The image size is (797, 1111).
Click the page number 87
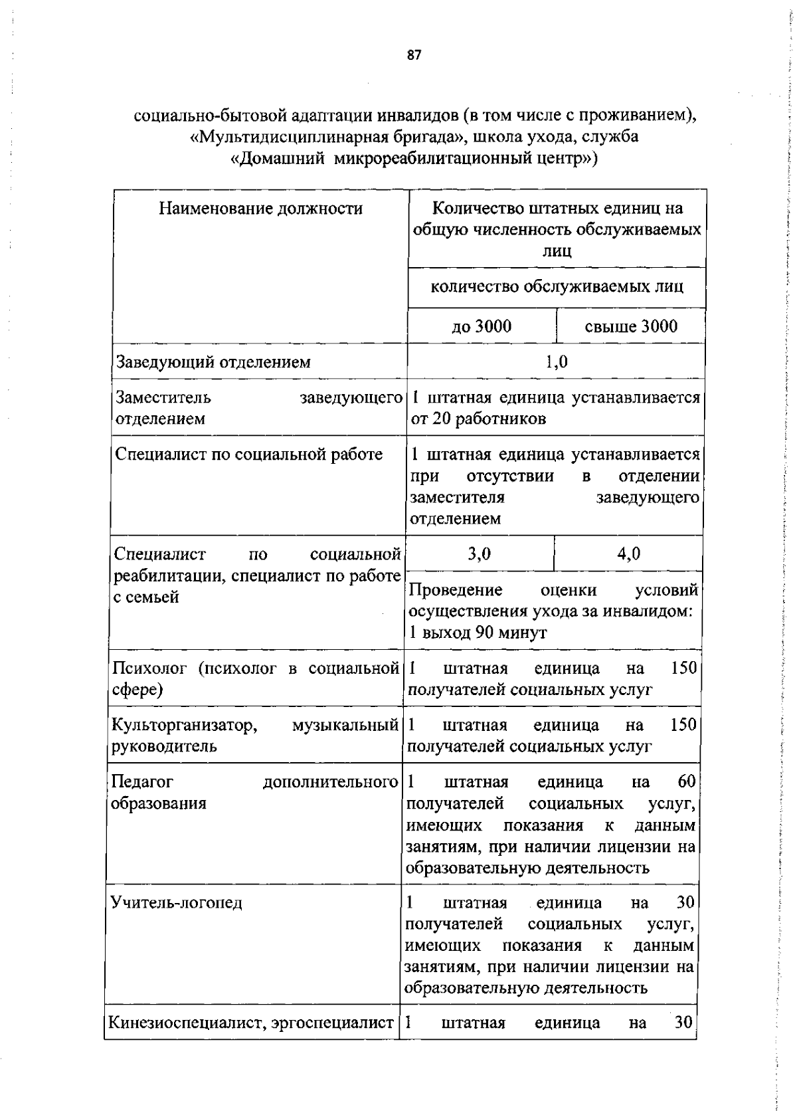(414, 56)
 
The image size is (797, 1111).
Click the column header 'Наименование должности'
(260, 209)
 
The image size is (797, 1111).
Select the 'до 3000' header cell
(482, 326)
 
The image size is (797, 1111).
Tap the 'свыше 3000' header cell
(631, 326)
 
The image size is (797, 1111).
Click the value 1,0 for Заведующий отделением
(556, 362)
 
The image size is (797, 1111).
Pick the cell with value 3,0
(479, 554)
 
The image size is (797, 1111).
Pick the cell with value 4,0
(628, 554)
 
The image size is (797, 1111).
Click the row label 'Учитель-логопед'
(177, 902)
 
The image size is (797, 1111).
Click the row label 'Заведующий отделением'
(213, 362)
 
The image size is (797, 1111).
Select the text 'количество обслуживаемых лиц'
(557, 287)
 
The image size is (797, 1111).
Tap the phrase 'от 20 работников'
(478, 419)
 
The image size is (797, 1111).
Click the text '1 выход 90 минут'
(478, 632)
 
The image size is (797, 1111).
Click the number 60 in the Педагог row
(686, 782)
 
